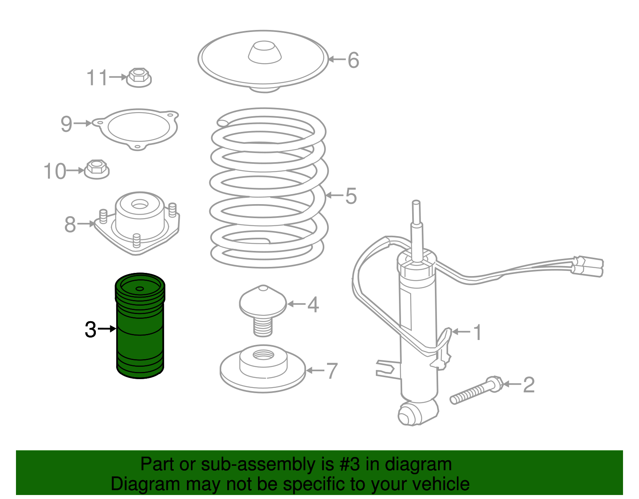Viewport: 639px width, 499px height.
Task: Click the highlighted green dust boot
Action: point(140,332)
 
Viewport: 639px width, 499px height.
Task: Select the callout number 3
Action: point(91,330)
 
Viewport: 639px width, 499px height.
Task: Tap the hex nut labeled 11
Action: point(139,78)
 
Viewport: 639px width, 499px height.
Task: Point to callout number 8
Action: point(70,224)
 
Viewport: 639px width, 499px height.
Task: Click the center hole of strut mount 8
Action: point(139,205)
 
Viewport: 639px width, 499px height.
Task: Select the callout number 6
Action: point(353,60)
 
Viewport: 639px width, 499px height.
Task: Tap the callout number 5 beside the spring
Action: point(351,196)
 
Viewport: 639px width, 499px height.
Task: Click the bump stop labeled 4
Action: point(263,302)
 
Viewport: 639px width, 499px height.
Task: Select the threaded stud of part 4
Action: point(263,326)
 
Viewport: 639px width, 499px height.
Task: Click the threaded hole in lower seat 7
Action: point(263,355)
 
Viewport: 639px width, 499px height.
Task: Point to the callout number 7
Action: point(332,371)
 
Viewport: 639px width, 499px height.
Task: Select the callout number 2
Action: point(528,385)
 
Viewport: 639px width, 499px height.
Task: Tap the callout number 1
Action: point(477,332)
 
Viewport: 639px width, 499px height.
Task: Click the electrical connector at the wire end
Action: point(589,266)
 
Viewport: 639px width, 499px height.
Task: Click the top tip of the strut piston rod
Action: point(416,203)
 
